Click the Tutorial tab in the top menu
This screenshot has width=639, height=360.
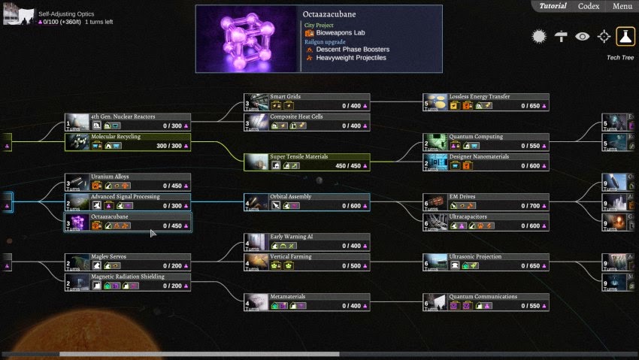click(x=553, y=6)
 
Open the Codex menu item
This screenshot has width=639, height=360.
click(x=589, y=6)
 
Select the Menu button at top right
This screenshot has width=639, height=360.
click(x=622, y=6)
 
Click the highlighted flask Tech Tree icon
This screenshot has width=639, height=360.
click(x=625, y=36)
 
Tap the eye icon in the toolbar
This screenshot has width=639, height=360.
click(x=583, y=36)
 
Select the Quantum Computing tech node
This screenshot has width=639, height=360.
click(x=486, y=141)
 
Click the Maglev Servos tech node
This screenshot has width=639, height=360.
click(x=127, y=262)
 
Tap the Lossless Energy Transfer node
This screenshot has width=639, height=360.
click(x=486, y=101)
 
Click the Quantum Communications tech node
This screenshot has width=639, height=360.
click(x=486, y=301)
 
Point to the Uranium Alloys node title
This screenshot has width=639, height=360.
click(x=110, y=177)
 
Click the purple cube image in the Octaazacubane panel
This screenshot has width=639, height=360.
click(x=247, y=39)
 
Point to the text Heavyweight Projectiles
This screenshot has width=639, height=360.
click(x=351, y=58)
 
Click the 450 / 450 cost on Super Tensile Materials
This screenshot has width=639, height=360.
click(x=348, y=166)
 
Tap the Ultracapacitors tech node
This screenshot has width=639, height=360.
click(x=486, y=222)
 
